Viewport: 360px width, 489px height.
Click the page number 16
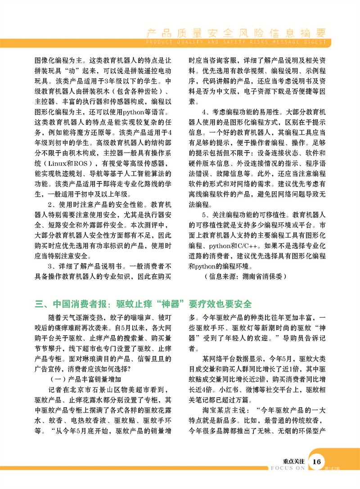point(317,462)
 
